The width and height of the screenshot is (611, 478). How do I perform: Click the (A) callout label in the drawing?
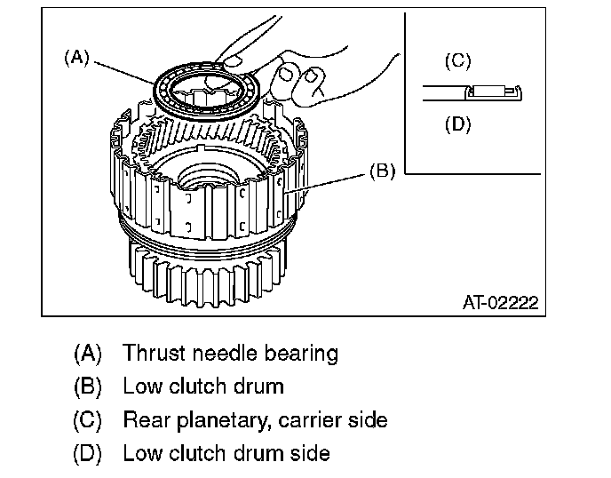click(x=76, y=58)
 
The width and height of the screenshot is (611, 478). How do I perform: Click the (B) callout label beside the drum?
click(x=382, y=171)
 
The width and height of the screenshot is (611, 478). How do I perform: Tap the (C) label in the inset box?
click(x=458, y=60)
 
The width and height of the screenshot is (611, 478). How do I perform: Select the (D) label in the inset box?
click(x=458, y=124)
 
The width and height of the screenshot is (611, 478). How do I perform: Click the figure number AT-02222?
click(x=501, y=303)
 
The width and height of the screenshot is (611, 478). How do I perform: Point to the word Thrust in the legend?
click(x=154, y=353)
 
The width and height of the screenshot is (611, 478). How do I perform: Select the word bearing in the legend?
click(x=301, y=354)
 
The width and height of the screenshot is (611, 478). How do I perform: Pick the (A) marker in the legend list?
click(x=87, y=354)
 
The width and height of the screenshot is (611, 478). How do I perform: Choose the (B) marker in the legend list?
click(x=87, y=386)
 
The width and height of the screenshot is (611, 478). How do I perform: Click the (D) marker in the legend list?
click(x=87, y=454)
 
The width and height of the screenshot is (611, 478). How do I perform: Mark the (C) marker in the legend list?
click(x=87, y=420)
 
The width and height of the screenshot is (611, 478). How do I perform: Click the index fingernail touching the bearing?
click(x=233, y=61)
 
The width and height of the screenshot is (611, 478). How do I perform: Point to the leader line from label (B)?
click(x=327, y=183)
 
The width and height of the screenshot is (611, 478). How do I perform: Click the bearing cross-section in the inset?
click(x=493, y=92)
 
